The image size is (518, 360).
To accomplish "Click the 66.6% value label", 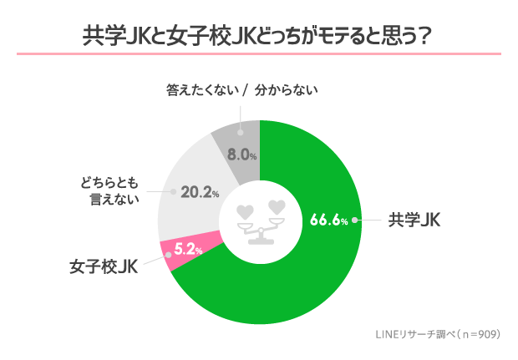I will (x=328, y=221).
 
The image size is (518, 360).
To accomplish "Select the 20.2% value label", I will (x=200, y=192).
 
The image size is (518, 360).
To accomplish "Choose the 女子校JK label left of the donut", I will (x=104, y=267).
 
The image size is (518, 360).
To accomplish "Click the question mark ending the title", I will (x=425, y=37).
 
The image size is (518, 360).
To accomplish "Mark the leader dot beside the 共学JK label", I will (x=356, y=221).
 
